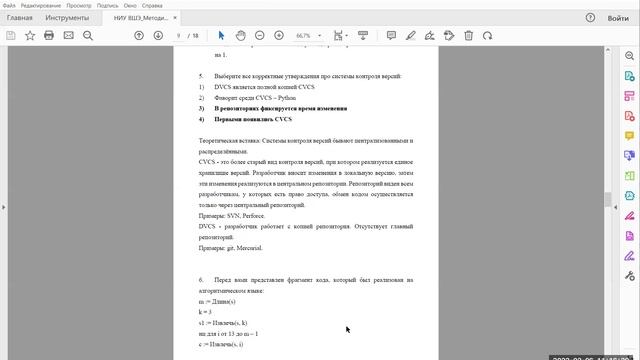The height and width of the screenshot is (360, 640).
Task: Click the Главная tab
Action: (20, 18)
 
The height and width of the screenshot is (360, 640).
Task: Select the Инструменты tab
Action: (68, 18)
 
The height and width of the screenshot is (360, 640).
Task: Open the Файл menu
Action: (10, 5)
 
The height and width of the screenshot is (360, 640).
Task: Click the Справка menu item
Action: (152, 5)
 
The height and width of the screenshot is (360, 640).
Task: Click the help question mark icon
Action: (591, 18)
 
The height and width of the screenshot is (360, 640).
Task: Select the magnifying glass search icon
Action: (87, 35)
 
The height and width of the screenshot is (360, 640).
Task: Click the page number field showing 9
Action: (179, 35)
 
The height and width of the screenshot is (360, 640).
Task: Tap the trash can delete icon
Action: (468, 35)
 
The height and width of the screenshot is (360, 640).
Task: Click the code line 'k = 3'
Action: (206, 313)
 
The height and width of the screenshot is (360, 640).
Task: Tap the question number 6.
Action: (201, 281)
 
